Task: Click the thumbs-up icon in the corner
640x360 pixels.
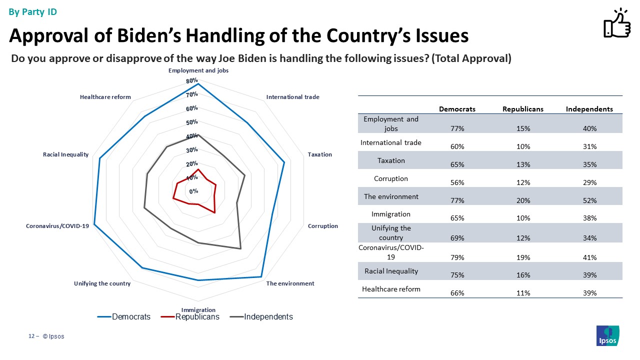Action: pos(616,23)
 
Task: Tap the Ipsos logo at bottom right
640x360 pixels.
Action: pos(608,335)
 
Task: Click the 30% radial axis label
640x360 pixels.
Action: pos(192,150)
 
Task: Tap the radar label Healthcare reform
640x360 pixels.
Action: pos(105,97)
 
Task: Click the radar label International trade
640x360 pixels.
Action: pos(292,97)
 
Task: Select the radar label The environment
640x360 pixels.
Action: pos(290,283)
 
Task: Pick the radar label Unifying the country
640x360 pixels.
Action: pos(102,283)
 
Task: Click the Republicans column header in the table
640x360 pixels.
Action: pos(523,109)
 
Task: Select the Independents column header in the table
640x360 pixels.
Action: pos(589,109)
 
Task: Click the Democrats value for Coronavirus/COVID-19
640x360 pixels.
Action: pos(457,257)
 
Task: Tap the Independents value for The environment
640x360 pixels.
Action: pos(589,200)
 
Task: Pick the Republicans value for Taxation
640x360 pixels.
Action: pos(523,164)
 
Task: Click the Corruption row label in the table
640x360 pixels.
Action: pos(391,178)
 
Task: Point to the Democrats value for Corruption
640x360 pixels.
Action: pos(457,182)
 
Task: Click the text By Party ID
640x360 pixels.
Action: pos(32,12)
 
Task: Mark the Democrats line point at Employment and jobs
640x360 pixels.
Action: pos(198,84)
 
